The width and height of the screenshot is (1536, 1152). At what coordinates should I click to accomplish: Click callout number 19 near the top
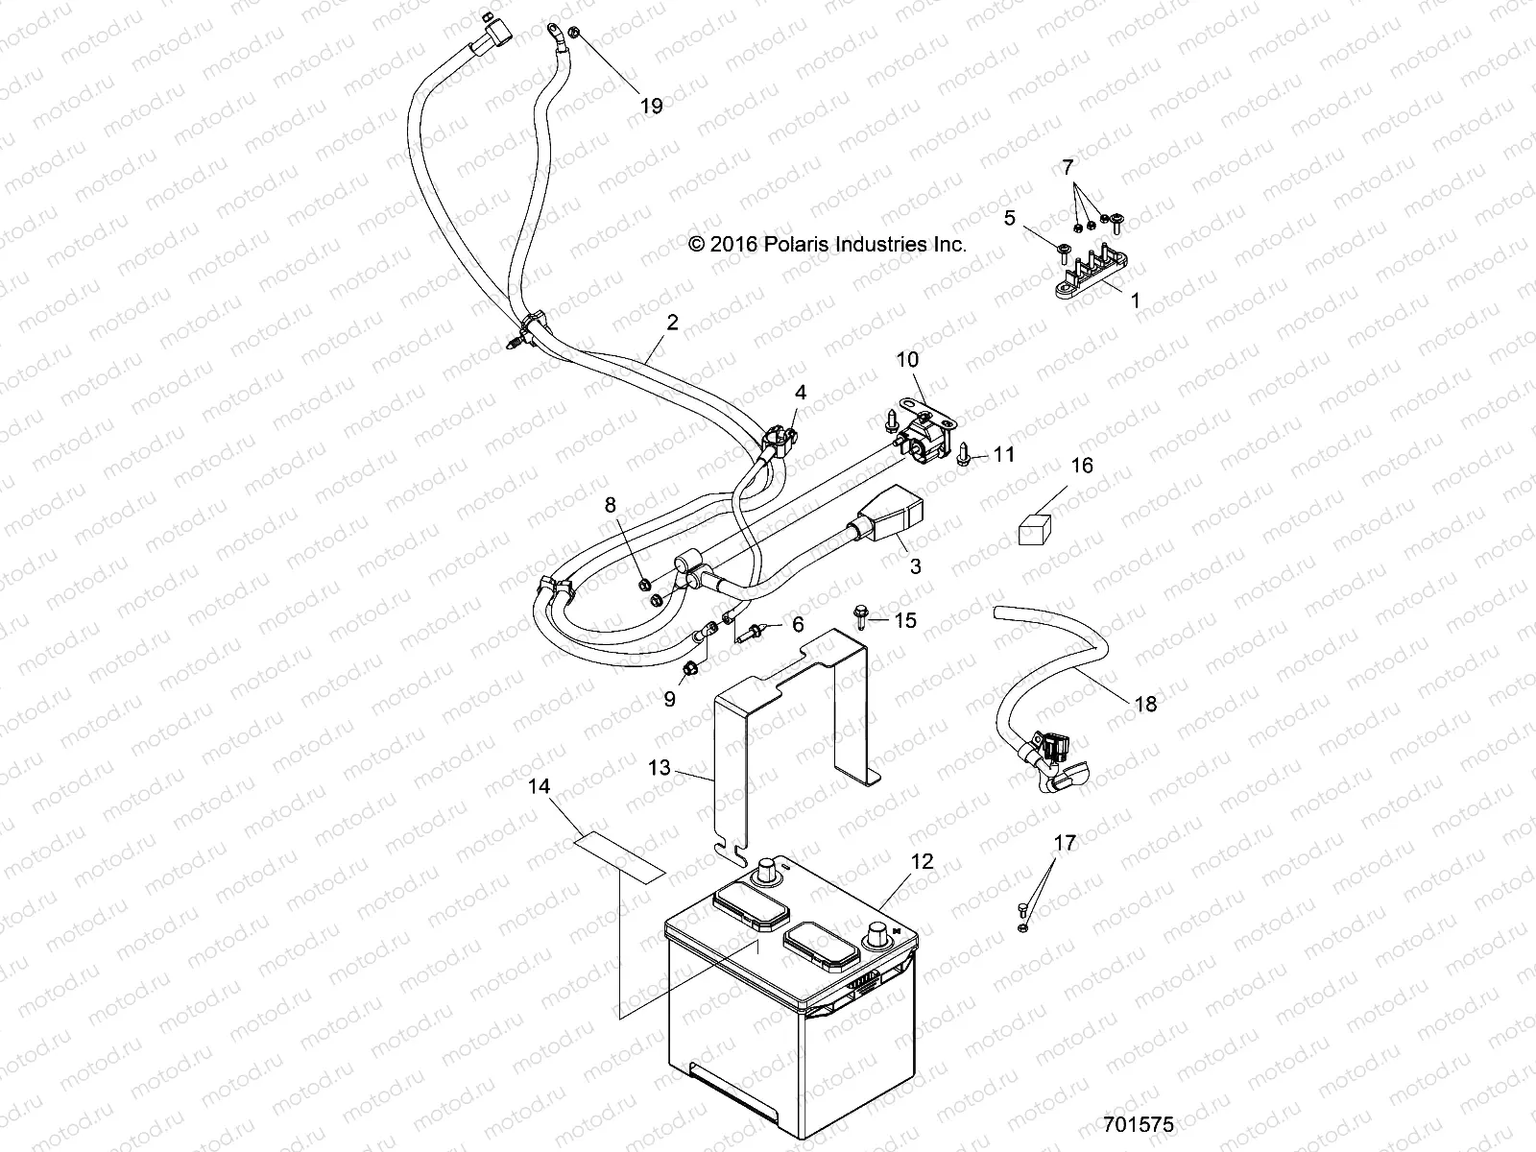pyautogui.click(x=651, y=106)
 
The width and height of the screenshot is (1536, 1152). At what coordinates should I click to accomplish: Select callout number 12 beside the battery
pyautogui.click(x=922, y=861)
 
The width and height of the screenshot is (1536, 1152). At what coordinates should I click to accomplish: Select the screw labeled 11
pyautogui.click(x=967, y=451)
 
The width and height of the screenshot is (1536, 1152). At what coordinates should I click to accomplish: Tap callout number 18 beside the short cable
pyautogui.click(x=1145, y=704)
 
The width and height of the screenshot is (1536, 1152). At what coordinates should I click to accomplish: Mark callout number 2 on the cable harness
pyautogui.click(x=672, y=324)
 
